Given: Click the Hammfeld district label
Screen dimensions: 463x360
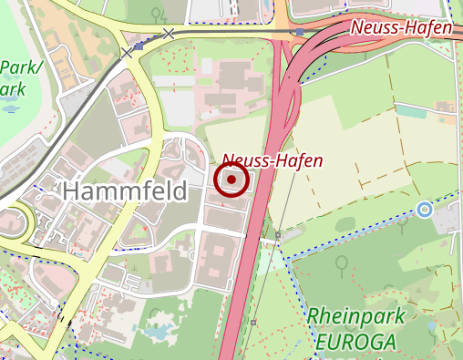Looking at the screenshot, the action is pos(125,191).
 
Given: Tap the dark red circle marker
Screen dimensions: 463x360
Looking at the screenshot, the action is pos(232,180).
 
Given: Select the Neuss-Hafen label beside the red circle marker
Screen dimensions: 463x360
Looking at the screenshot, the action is pos(272,160).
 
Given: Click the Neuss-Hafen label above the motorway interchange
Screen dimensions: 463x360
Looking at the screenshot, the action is pos(401,28).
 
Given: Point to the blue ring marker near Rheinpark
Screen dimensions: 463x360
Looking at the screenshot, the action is pos(424,210).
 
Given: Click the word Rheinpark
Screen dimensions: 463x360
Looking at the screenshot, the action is pos(352,315).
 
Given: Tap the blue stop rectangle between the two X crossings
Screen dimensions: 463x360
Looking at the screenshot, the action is pos(139,45).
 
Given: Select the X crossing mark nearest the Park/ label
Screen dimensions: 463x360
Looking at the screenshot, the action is pos(127,54).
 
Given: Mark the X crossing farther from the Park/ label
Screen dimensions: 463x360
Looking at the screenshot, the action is pos(168,34).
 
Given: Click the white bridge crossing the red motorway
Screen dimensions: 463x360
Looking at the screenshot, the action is pos(262,237).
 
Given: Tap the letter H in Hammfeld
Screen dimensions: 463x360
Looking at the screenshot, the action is pos(71,191).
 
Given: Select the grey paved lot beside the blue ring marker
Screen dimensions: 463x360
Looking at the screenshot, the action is pos(447,219).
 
